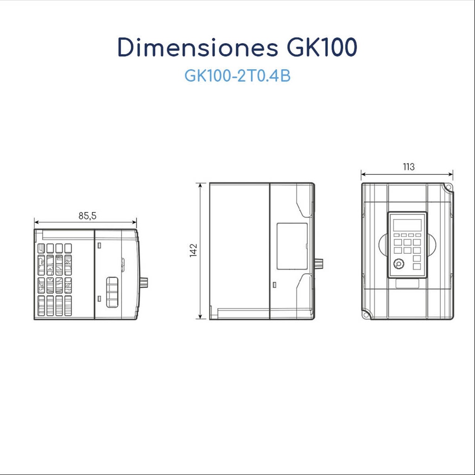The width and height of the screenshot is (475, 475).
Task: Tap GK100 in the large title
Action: [x=319, y=47]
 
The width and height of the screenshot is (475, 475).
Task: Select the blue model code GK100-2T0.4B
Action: [x=237, y=76]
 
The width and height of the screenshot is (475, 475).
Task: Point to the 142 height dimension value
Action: [x=193, y=250]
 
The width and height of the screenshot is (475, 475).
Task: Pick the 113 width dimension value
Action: [x=409, y=167]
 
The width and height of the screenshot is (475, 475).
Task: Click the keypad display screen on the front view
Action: [x=407, y=225]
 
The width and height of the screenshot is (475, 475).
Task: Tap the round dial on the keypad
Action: [x=398, y=264]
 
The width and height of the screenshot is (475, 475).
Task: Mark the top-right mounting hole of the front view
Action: [x=448, y=187]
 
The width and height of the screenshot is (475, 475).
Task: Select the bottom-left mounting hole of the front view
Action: [x=367, y=315]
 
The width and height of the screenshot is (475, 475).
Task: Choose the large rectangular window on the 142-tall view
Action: [x=292, y=246]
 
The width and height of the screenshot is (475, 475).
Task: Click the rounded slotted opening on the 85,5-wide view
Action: [x=112, y=292]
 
